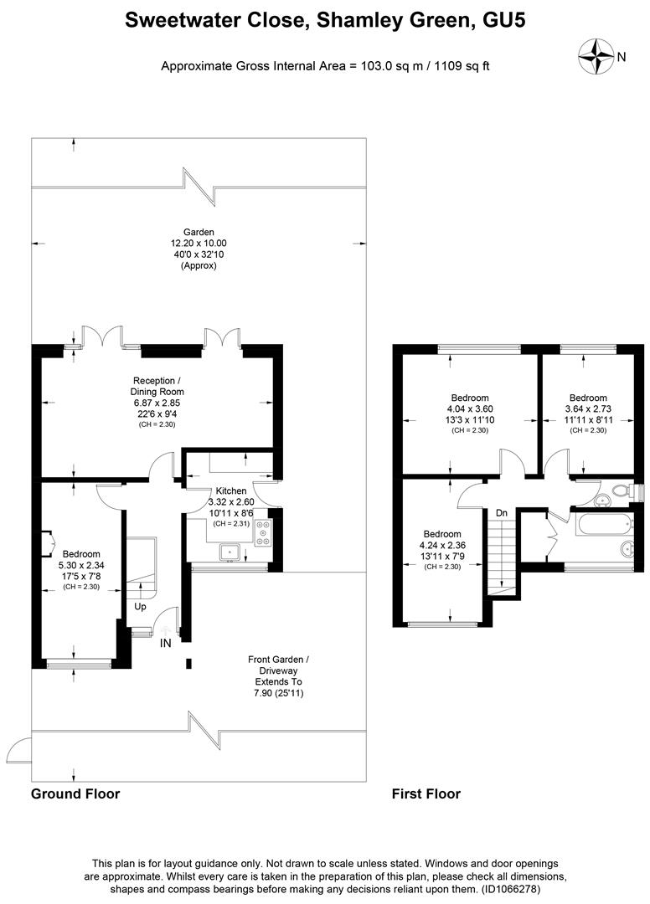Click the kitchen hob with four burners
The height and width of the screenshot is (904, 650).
coord(263,533)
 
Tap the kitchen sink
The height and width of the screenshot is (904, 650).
coord(229,551)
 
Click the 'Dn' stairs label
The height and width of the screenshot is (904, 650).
coord(501,512)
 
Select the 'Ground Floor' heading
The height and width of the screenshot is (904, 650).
coord(75,794)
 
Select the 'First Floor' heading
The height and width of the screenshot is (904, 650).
coord(426,794)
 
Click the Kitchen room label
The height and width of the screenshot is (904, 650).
coord(231,491)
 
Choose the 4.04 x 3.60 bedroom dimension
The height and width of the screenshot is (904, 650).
coord(469,409)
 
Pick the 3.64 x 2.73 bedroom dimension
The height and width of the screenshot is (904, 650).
coord(587,409)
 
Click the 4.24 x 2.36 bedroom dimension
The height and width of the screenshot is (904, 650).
coord(441,546)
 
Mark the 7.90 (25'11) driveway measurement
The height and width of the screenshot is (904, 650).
coord(279,693)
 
